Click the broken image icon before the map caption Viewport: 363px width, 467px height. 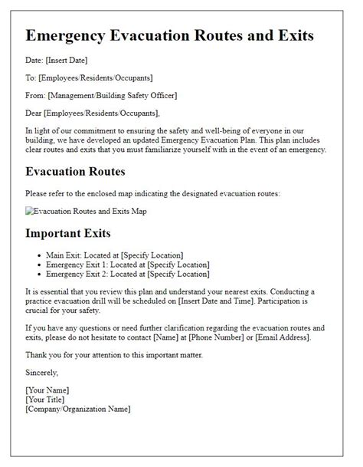(x=28, y=211)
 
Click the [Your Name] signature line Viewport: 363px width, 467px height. (x=51, y=390)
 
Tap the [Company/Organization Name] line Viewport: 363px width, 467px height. (x=77, y=409)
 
